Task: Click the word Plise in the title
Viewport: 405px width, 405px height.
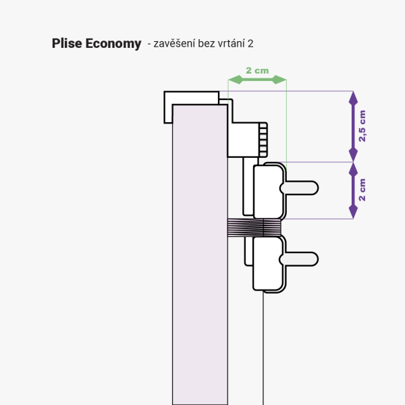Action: (x=66, y=44)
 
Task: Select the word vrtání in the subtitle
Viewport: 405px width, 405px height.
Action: (x=230, y=44)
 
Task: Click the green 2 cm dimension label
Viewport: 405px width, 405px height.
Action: (x=257, y=70)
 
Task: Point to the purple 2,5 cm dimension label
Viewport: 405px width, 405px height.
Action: (x=362, y=126)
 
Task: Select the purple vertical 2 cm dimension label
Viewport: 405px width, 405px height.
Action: (x=362, y=190)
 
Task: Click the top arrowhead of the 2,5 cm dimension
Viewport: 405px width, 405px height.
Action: (x=352, y=98)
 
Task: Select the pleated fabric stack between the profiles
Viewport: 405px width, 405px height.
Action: (x=254, y=227)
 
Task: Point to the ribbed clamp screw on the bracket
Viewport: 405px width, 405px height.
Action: (x=263, y=138)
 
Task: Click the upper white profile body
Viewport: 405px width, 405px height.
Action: (x=267, y=191)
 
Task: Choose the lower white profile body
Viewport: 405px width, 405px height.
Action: (x=267, y=263)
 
